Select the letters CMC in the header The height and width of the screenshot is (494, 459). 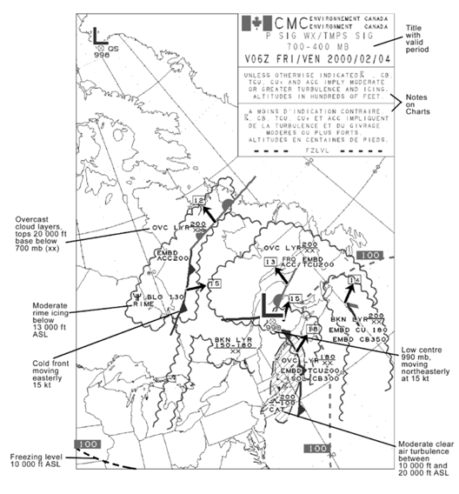[282, 22]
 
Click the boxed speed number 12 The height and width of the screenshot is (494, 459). [199, 201]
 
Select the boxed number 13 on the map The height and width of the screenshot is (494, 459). [270, 262]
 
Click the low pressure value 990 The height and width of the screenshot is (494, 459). [275, 328]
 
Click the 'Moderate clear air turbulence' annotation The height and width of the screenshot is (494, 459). [409, 459]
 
